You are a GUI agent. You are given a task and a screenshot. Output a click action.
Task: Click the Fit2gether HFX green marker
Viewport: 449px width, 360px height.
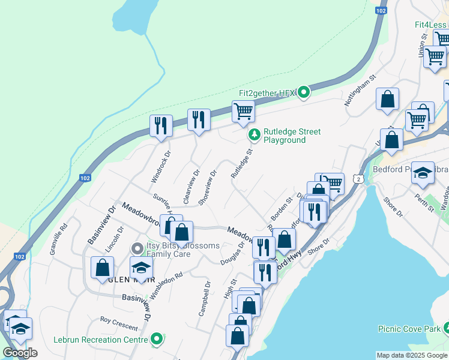[304, 92]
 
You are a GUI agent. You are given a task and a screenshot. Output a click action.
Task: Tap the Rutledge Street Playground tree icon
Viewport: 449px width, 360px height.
[255, 136]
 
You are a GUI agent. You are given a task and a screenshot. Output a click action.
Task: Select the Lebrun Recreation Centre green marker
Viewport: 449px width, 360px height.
[157, 340]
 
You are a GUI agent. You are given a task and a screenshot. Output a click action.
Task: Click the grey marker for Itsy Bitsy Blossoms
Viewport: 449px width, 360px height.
[137, 248]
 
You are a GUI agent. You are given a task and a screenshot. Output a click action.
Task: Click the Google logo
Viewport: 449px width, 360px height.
[19, 352]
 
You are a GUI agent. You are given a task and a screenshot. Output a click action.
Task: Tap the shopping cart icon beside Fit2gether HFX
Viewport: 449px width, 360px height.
[243, 110]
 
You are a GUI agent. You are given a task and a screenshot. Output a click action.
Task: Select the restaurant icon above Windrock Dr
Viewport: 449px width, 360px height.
[161, 125]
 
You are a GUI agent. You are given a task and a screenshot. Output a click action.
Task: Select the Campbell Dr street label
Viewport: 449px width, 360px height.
[205, 298]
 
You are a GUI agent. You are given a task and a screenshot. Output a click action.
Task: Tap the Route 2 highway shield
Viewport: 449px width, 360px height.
[358, 179]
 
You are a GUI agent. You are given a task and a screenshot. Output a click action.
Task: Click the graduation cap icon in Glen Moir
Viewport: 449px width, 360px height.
[141, 267]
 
